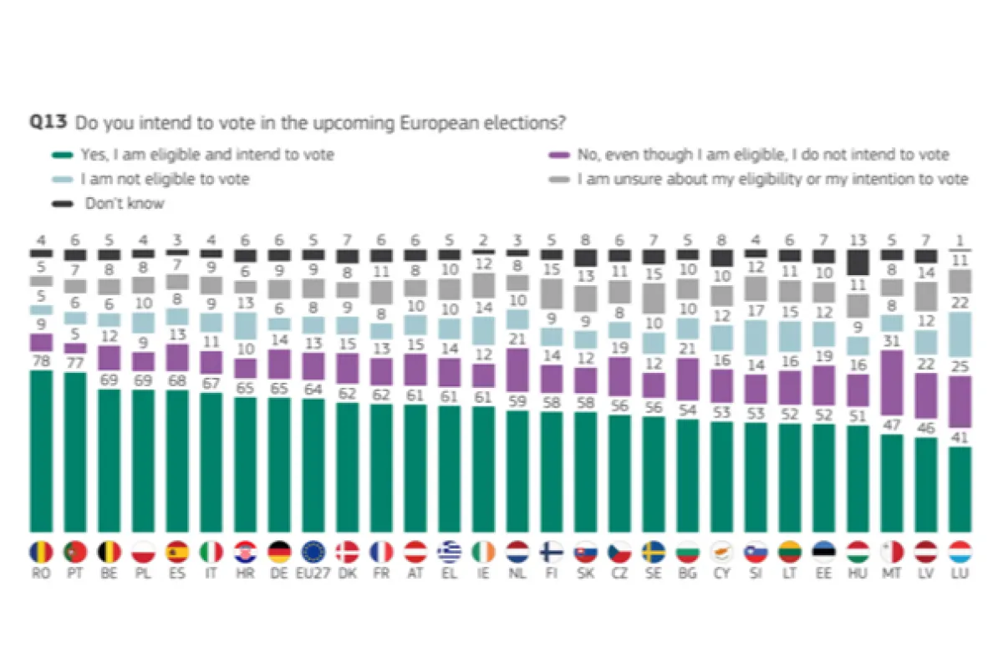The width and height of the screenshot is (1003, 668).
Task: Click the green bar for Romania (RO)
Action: [x=41, y=451]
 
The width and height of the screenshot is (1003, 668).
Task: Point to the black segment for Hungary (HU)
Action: [x=857, y=263]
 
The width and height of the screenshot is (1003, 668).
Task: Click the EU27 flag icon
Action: [x=313, y=552]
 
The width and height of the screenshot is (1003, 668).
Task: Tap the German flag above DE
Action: [x=279, y=552]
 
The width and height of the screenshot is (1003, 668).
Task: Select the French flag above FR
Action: [x=381, y=552]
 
